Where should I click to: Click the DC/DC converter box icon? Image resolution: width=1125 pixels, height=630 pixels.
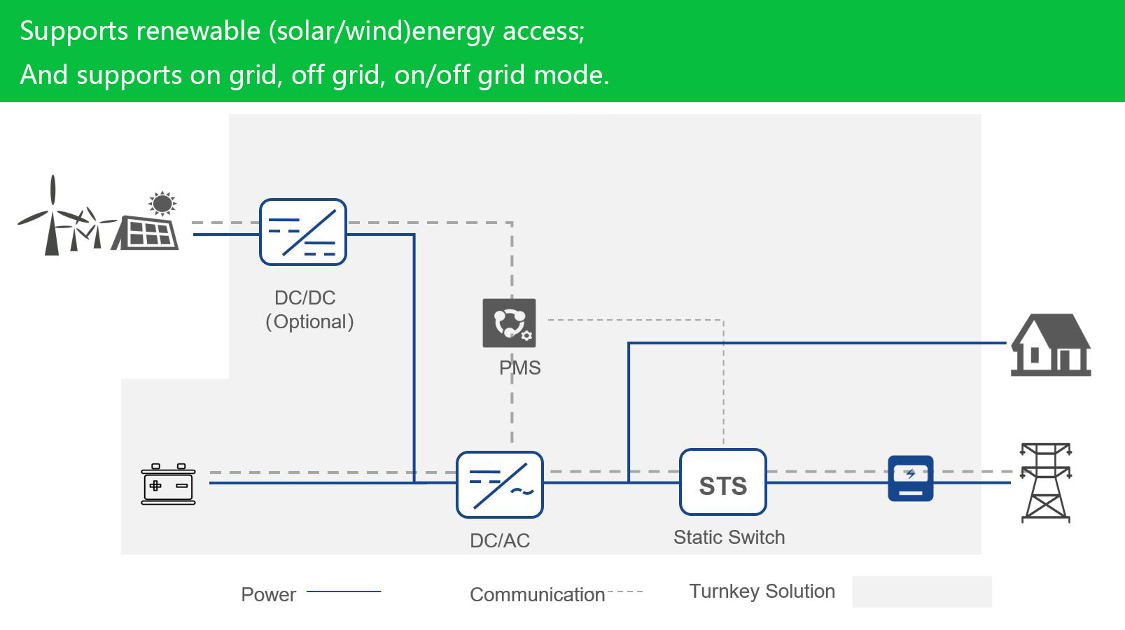(303, 232)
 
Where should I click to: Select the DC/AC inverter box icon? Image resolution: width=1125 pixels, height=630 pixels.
(500, 485)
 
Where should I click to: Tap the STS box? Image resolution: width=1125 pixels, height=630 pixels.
(723, 482)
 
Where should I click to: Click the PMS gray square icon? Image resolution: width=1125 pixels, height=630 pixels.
(510, 323)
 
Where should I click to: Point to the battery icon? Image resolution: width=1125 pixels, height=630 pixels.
(168, 484)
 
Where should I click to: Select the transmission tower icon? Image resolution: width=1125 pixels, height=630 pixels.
(1045, 482)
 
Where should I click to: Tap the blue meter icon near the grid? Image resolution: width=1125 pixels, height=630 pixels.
(911, 479)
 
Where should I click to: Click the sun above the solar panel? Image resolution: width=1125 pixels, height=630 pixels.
(162, 204)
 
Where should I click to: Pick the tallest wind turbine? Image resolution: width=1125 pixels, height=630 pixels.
(52, 217)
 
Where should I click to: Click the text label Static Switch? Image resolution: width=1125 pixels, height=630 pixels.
(729, 538)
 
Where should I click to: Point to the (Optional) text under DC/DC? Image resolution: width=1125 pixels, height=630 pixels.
(309, 322)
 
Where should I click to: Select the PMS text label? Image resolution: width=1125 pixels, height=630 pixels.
(519, 368)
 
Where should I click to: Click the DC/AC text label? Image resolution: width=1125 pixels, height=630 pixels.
(500, 540)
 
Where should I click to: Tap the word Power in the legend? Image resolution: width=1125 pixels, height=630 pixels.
(268, 595)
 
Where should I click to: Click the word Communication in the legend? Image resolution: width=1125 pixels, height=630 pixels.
(537, 595)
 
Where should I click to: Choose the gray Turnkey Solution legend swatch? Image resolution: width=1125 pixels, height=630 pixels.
(921, 591)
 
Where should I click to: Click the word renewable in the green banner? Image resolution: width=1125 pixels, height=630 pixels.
(198, 31)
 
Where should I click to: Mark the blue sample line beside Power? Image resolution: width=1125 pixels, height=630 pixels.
(344, 592)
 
